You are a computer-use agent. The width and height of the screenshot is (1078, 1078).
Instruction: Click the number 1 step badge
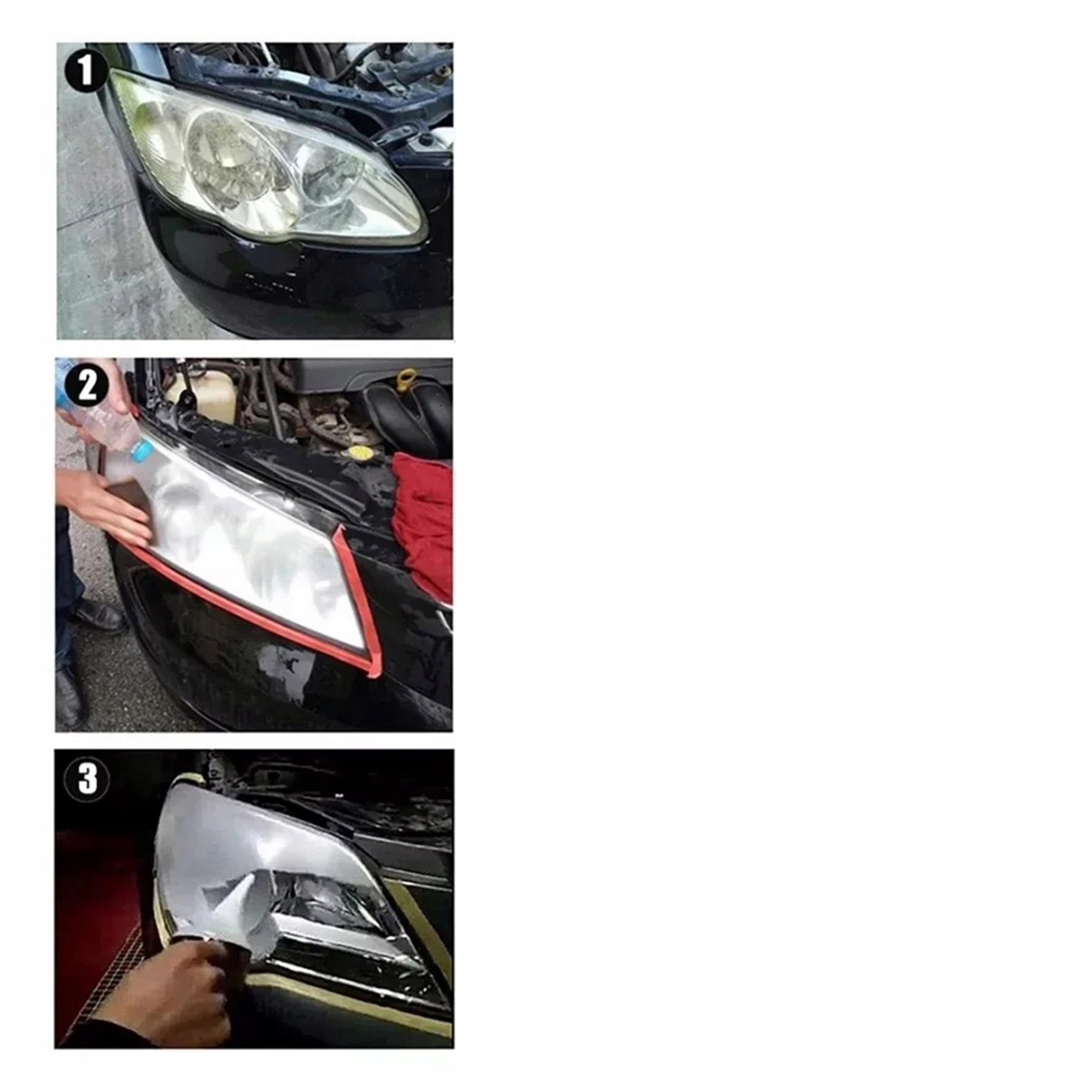coord(85,70)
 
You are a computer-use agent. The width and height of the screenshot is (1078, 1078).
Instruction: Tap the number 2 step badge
coord(87,385)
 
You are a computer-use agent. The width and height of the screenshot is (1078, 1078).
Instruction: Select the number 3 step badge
coord(87,779)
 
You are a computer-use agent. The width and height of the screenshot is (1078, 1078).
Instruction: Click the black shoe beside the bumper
coord(100,614)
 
